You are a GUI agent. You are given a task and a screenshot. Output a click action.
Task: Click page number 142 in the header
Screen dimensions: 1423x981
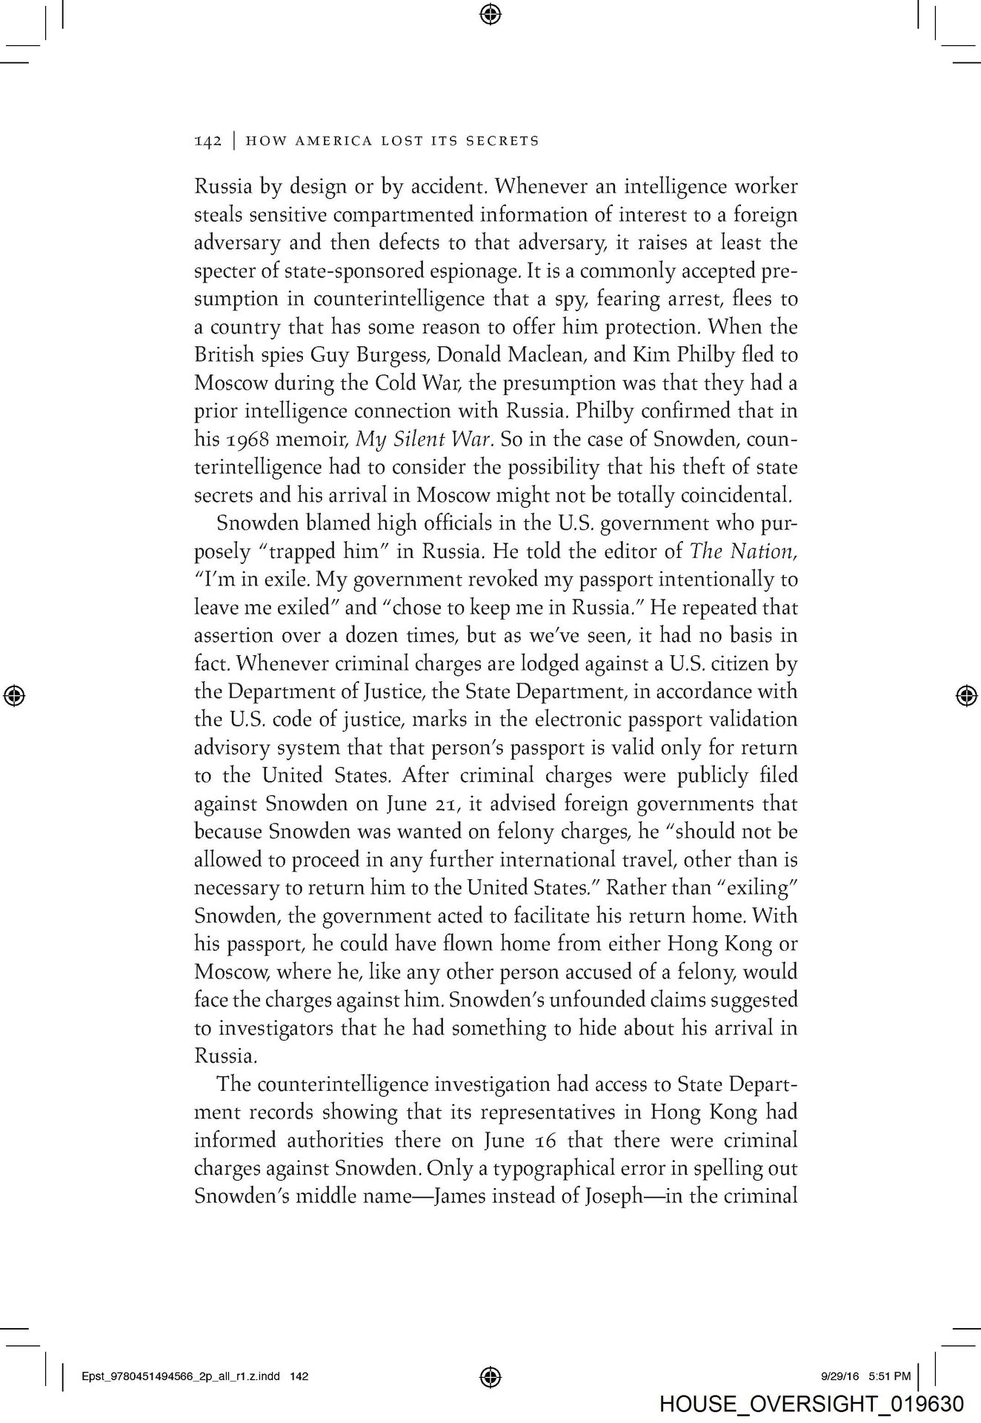point(208,141)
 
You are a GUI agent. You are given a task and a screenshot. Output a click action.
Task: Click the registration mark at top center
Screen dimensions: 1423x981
point(490,13)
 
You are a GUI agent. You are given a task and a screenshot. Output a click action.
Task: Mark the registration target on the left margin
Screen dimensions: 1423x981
point(15,694)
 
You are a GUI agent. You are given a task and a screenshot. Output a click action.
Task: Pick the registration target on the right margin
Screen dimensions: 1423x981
point(965,694)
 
